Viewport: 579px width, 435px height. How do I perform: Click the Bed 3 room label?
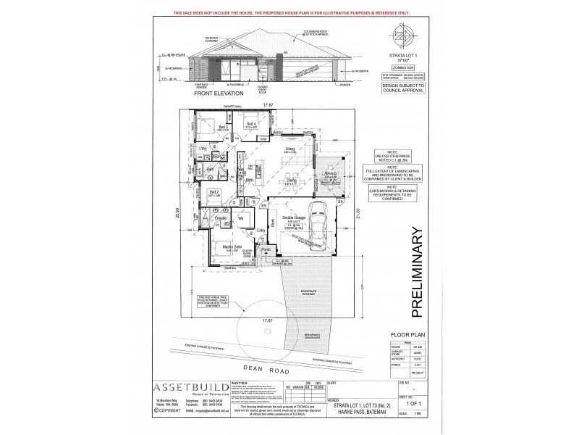223,128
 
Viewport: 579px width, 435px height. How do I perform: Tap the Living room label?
289,149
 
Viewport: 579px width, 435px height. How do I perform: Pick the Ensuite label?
221,217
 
